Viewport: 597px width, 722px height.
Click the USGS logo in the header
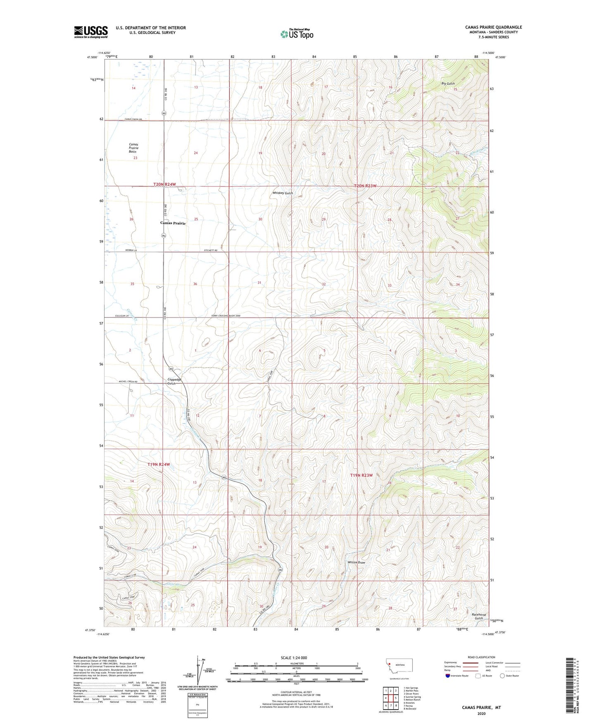[x=91, y=32]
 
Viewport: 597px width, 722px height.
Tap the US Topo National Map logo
[x=297, y=34]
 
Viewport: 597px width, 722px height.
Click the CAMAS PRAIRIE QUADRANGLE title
[x=493, y=27]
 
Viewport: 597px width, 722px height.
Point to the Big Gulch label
[x=448, y=84]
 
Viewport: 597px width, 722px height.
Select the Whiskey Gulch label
[x=283, y=193]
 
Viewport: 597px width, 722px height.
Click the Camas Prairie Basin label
[x=133, y=148]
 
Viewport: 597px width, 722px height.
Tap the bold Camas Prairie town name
[x=173, y=223]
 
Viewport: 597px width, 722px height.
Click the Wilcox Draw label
[x=356, y=562]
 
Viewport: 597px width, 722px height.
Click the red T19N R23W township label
[x=362, y=476]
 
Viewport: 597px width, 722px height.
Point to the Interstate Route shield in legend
[x=448, y=676]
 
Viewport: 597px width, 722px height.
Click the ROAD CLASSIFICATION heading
[x=481, y=657]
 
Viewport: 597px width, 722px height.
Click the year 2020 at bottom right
[x=481, y=713]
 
